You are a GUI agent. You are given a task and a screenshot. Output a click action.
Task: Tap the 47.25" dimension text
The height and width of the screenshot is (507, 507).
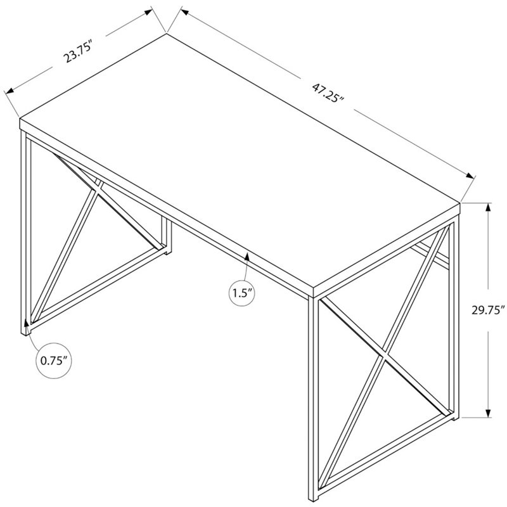pyautogui.click(x=327, y=93)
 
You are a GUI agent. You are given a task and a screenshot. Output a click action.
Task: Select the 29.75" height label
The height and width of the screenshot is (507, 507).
pyautogui.click(x=488, y=310)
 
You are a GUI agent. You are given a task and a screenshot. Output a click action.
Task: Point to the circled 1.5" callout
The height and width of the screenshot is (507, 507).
pyautogui.click(x=242, y=293)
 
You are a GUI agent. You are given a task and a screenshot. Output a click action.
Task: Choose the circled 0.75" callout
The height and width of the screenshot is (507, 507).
pyautogui.click(x=54, y=361)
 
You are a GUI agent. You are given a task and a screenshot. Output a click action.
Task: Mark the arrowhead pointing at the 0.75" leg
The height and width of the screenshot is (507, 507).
pyautogui.click(x=26, y=324)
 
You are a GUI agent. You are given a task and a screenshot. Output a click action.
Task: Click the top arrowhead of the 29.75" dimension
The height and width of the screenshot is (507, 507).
pyautogui.click(x=488, y=208)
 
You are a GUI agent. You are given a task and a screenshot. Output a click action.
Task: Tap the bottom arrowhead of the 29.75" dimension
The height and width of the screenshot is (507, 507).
pyautogui.click(x=488, y=412)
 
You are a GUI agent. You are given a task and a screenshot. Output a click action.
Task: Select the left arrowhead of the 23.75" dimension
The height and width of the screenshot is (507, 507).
pyautogui.click(x=10, y=91)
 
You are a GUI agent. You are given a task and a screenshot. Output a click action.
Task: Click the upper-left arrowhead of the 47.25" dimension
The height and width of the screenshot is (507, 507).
pyautogui.click(x=185, y=12)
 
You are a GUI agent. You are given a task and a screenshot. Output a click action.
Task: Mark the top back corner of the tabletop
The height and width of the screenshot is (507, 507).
pyautogui.click(x=167, y=34)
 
